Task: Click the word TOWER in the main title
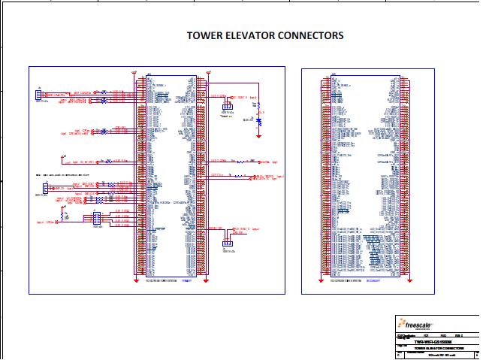(205, 35)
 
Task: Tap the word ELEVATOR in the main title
(250, 35)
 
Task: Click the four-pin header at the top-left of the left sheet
(38, 95)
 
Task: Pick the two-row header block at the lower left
(95, 219)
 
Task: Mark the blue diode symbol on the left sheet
(258, 119)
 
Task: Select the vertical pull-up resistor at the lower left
(65, 216)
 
